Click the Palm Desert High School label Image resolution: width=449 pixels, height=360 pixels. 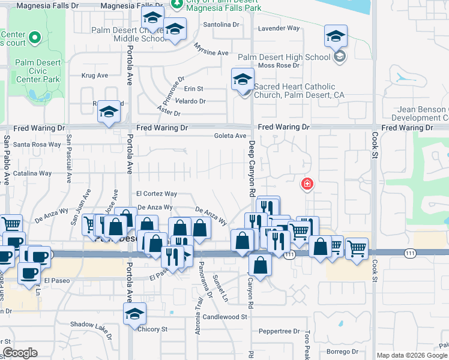click(x=285, y=58)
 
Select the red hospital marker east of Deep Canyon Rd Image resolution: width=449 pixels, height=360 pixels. click(x=307, y=183)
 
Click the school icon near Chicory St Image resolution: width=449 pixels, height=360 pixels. click(x=135, y=313)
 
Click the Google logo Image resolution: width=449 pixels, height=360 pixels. click(x=19, y=353)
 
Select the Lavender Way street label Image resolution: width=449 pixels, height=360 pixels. click(x=279, y=28)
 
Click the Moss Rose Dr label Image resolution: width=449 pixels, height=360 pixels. click(x=279, y=65)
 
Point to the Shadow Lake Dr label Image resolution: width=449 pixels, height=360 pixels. click(x=91, y=325)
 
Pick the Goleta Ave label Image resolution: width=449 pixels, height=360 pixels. click(x=231, y=136)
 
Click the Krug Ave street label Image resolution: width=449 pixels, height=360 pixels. click(x=94, y=76)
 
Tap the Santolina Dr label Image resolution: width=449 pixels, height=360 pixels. click(x=221, y=25)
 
